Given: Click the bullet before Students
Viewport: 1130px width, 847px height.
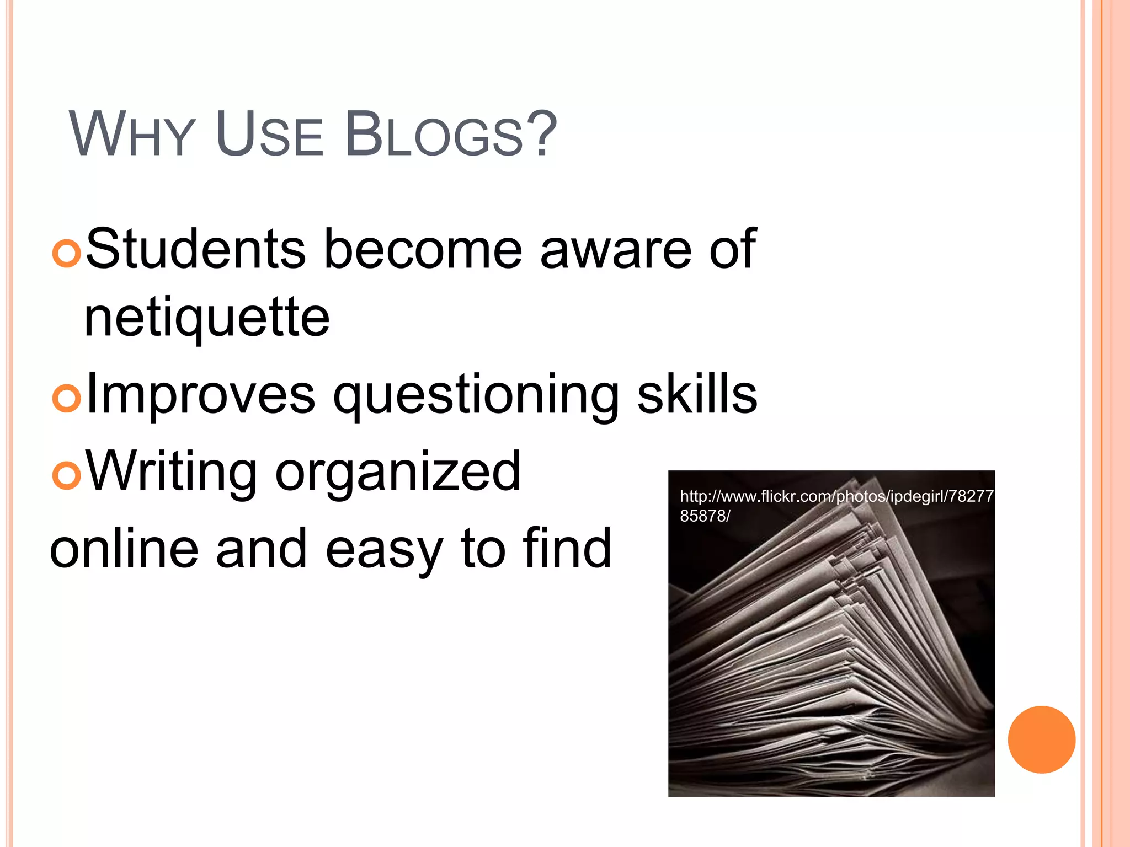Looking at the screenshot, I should pyautogui.click(x=67, y=254).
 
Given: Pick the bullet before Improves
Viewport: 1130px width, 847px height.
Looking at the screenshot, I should pyautogui.click(x=67, y=399).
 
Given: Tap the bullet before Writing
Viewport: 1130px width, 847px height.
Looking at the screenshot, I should pyautogui.click(x=67, y=475).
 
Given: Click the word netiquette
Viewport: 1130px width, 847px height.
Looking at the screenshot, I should pyautogui.click(x=207, y=318).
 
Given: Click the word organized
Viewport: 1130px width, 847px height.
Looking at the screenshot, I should pyautogui.click(x=397, y=473).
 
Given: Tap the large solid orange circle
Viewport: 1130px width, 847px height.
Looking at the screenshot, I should pyautogui.click(x=1041, y=739).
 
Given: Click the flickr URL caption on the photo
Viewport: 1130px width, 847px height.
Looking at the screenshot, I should pyautogui.click(x=836, y=505).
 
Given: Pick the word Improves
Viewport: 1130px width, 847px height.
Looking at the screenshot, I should pyautogui.click(x=201, y=396).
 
